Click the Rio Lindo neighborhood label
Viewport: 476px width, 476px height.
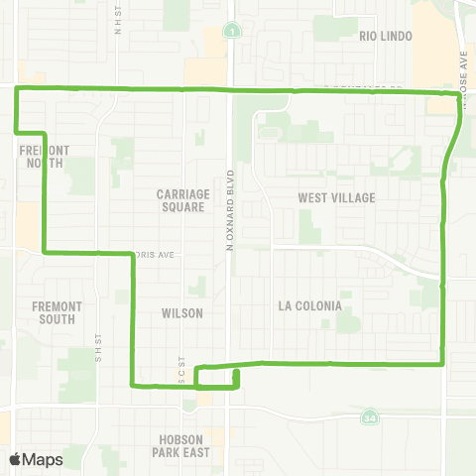pyautogui.click(x=383, y=35)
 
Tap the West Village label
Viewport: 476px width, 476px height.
pyautogui.click(x=337, y=197)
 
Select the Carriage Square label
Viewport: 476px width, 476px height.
pyautogui.click(x=180, y=200)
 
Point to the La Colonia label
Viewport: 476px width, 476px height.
pyautogui.click(x=309, y=305)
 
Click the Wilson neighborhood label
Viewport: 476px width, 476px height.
pyautogui.click(x=181, y=312)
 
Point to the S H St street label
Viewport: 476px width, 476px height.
pyautogui.click(x=99, y=342)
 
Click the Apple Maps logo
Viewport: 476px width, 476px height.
pyautogui.click(x=36, y=459)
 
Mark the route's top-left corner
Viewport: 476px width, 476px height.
pyautogui.click(x=16, y=89)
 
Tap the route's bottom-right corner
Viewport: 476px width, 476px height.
pyautogui.click(x=441, y=364)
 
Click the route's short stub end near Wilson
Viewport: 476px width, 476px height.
pyautogui.click(x=237, y=372)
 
